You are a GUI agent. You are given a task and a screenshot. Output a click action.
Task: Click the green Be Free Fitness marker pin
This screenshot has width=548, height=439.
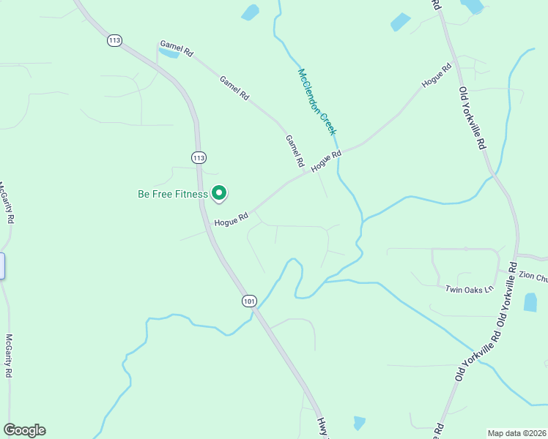point(219,192)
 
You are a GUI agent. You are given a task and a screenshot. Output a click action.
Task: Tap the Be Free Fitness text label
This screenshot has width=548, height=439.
point(173,195)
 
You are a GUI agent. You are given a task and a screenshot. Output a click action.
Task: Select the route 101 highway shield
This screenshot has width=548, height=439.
point(249,301)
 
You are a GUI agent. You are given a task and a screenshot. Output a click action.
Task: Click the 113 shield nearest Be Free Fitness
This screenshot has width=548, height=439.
point(199,157)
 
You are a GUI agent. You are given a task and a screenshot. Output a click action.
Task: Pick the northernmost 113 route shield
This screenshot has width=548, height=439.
point(114,40)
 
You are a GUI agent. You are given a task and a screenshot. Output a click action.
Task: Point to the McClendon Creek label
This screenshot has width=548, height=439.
point(316,102)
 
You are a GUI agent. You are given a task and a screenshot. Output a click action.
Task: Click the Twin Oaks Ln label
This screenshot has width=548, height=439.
point(464,290)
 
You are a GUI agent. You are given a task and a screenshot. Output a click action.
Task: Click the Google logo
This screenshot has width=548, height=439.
point(24,430)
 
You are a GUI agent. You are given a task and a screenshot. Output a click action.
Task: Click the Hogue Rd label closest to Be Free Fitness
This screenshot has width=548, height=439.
point(232,218)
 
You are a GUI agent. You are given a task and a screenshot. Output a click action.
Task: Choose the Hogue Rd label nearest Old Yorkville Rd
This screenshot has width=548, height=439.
point(437,75)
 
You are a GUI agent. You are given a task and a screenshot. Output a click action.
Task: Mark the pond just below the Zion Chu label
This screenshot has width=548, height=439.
point(530,302)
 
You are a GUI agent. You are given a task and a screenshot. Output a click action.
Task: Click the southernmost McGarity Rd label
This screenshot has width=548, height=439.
point(10,356)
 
